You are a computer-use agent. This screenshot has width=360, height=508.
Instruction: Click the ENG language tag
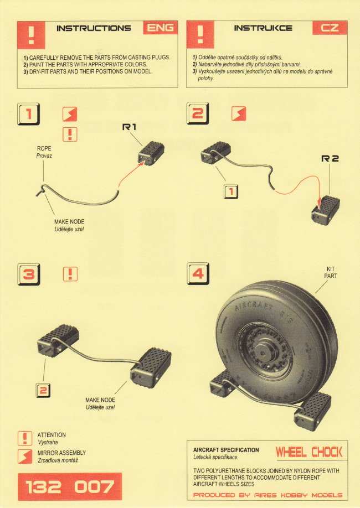[160, 27]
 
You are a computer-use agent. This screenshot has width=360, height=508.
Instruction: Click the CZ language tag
[330, 27]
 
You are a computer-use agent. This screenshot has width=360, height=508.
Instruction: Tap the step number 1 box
[29, 115]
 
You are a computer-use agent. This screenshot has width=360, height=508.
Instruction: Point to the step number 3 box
[29, 273]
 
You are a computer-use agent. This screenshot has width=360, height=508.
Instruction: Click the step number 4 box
[198, 273]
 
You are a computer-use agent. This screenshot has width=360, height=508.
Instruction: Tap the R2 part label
[330, 158]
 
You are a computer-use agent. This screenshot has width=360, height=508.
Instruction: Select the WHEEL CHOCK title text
[308, 452]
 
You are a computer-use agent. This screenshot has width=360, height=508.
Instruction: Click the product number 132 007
[69, 487]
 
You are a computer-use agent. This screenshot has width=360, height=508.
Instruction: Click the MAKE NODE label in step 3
[100, 400]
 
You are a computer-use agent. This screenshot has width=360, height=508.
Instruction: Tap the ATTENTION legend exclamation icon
[25, 438]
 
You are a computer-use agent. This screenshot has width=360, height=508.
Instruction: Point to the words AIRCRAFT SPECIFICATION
[225, 450]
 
